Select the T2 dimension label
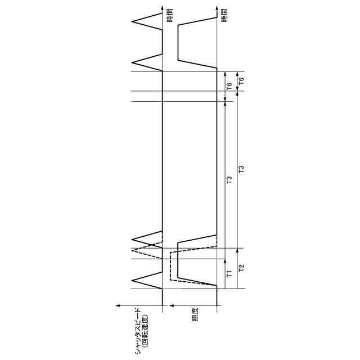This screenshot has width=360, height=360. point(242,268)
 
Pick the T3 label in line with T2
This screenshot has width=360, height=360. point(242,168)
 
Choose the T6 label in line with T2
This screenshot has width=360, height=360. point(242,81)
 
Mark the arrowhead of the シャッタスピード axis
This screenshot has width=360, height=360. point(116,305)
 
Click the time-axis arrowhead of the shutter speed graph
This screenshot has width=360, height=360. point(163,8)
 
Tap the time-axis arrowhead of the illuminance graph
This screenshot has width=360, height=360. point(217,8)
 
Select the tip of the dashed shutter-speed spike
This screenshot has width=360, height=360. point(133,248)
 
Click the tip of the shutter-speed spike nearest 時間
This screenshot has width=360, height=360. point(133,22)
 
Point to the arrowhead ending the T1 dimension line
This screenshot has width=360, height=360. point(225,260)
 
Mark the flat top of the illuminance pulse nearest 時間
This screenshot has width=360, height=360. point(178,42)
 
